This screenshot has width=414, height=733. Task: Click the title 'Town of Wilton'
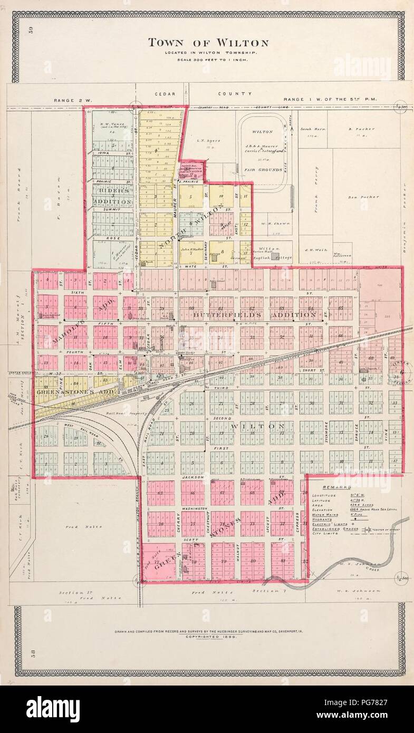[208, 43]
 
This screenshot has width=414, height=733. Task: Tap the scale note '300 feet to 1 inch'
[208, 60]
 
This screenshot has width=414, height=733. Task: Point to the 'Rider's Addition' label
[112, 196]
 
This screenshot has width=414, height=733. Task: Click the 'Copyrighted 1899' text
[208, 636]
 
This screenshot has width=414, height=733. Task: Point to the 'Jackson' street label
[192, 477]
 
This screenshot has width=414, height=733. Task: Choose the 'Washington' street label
[192, 508]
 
